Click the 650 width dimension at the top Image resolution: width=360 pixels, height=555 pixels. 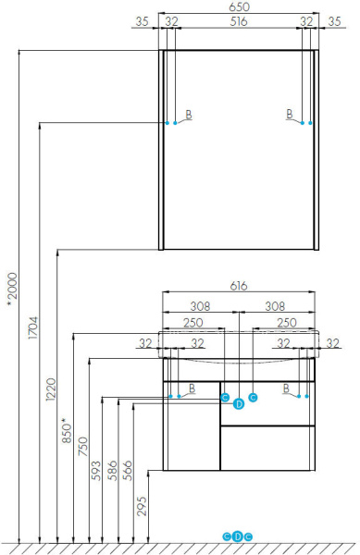(x=240, y=7)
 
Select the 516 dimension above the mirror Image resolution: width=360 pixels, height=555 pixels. (x=239, y=21)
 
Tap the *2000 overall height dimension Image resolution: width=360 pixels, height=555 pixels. (x=12, y=286)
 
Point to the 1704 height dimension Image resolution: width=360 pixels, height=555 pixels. (x=33, y=327)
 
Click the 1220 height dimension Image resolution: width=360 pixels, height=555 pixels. (x=51, y=389)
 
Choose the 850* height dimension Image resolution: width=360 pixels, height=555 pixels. (x=67, y=430)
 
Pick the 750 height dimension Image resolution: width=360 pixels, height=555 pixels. (x=82, y=447)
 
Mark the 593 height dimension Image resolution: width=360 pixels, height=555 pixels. (x=96, y=471)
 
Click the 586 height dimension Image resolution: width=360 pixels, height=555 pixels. (x=112, y=471)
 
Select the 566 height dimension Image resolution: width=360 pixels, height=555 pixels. (x=128, y=471)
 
